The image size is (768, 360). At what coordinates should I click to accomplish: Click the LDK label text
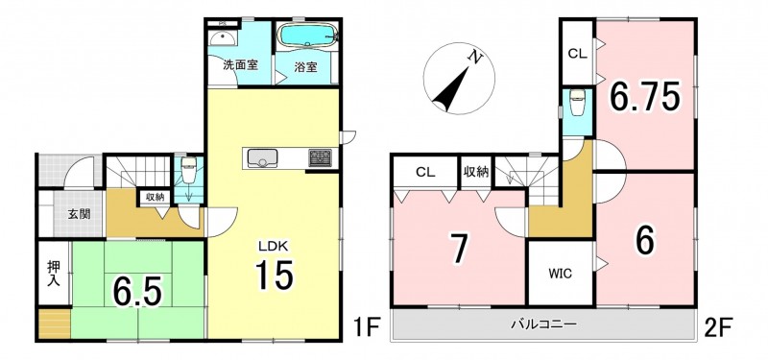(275, 245)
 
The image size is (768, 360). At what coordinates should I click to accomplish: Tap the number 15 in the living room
(274, 275)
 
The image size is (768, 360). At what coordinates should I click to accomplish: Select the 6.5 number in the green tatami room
(137, 291)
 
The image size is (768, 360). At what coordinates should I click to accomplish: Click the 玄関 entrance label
(80, 214)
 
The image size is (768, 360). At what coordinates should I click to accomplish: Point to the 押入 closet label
(54, 275)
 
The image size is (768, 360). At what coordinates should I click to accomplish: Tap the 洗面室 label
(240, 66)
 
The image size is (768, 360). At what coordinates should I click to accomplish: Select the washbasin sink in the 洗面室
(223, 37)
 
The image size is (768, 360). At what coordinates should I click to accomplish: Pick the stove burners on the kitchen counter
(320, 158)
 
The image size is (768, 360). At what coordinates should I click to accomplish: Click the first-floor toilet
(189, 165)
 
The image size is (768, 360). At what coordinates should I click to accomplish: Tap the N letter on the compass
(473, 57)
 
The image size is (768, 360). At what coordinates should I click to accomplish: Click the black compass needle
(449, 89)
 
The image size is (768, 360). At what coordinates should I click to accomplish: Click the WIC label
(561, 274)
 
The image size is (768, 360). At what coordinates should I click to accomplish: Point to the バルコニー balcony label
(543, 324)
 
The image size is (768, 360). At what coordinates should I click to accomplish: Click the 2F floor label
(718, 325)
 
